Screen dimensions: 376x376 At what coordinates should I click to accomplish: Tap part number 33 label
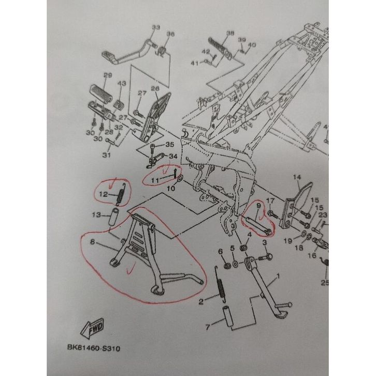point(155,27)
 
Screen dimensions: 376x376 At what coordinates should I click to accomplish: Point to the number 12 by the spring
point(103,195)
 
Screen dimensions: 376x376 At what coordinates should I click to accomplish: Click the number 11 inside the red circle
point(155,179)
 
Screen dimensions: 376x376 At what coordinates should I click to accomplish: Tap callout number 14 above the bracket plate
point(297,178)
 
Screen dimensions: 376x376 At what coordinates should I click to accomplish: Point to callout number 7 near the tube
point(208,327)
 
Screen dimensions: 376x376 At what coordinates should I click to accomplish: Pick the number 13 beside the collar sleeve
point(96,215)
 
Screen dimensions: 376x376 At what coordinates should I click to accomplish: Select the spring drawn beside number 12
point(119,194)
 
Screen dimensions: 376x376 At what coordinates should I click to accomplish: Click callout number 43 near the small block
point(122,83)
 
